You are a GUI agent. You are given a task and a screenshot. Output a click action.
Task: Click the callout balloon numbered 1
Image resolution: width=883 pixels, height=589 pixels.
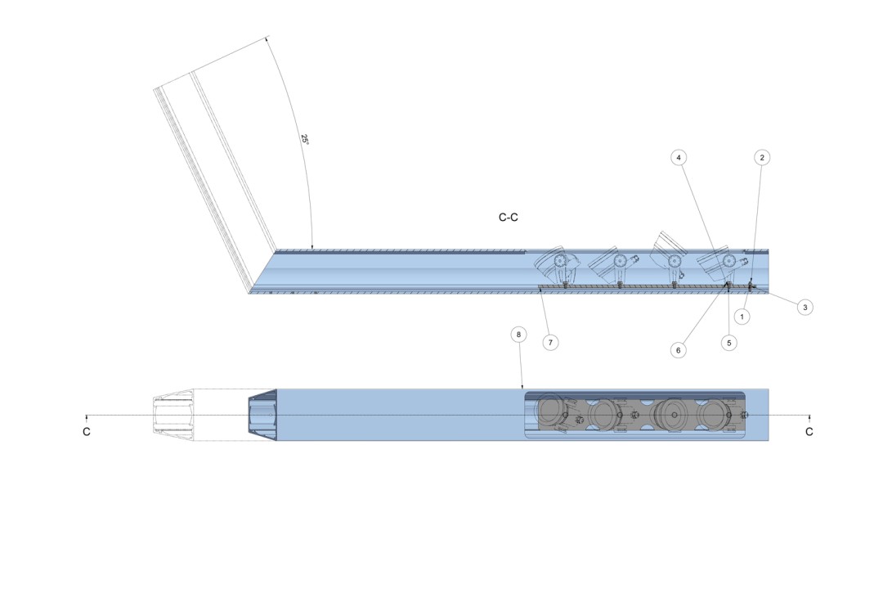click(742, 317)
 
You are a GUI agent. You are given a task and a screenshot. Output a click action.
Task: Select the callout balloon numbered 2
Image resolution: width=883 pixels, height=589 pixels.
click(762, 157)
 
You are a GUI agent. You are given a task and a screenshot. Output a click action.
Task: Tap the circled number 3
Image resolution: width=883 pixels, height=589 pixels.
click(805, 308)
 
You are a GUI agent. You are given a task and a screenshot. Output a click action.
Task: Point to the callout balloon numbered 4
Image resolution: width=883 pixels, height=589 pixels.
click(679, 157)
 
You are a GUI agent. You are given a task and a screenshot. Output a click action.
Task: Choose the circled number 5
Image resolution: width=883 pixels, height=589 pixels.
click(728, 343)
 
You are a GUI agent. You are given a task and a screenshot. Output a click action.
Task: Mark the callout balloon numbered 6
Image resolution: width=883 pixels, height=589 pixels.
click(678, 350)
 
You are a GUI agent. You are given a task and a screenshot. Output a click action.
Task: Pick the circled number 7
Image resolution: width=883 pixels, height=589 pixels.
click(550, 342)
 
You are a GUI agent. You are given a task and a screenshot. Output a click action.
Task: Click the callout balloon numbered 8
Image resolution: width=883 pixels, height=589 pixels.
click(518, 335)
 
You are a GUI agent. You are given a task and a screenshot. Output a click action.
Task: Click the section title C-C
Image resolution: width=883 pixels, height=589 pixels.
click(508, 218)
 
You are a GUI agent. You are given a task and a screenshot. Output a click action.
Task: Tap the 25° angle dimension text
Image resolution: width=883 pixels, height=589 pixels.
click(305, 139)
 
